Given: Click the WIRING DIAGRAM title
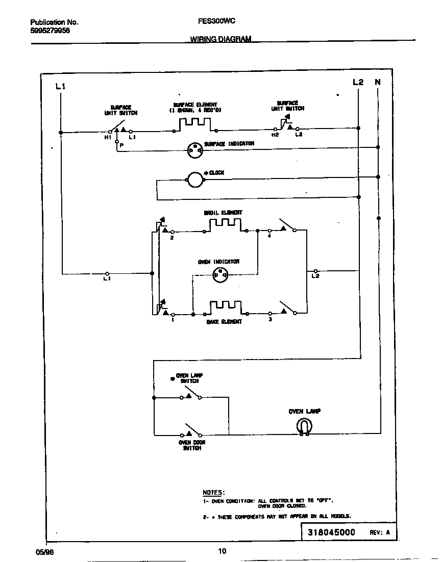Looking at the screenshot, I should pos(220,39).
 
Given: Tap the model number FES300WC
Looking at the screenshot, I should pos(217,22).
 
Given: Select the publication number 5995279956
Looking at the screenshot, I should pos(51,31).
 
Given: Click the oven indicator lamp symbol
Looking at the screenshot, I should pos(220,274).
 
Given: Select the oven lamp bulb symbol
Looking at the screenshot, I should pos(304,427).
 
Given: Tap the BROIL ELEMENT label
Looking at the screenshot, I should pos(223,213).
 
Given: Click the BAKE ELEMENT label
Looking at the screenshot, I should pos(224,322).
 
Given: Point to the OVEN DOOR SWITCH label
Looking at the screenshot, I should pos(191,445).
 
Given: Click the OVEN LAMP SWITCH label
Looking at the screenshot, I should pos(189,378).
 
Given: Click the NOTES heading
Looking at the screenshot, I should pos(213,492).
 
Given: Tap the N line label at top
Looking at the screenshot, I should pos(378,82).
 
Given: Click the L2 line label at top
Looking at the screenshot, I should pos(358,82).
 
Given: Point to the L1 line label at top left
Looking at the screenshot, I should pos(60,87).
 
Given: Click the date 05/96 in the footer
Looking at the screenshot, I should pos(44,551).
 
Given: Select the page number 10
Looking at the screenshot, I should pos(222,551).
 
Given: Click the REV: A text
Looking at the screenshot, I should pos(380,532).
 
